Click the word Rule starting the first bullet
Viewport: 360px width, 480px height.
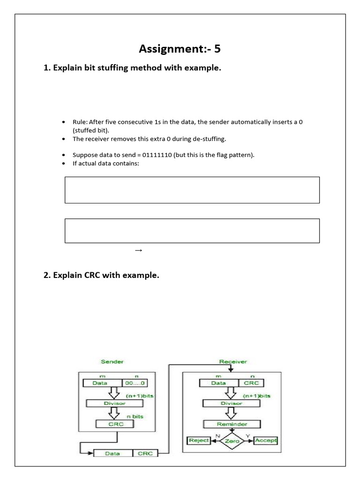tap(80, 122)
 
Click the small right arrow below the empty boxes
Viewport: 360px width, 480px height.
tap(138, 250)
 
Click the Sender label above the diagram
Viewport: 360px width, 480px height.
tap(112, 362)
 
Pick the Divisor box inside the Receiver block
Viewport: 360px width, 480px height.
tap(232, 403)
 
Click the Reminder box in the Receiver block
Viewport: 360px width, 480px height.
tap(232, 424)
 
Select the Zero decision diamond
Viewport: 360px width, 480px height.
tap(232, 441)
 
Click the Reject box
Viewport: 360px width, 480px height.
tap(199, 441)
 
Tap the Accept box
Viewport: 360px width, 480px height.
tap(265, 441)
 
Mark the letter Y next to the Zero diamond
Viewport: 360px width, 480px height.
tap(247, 435)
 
